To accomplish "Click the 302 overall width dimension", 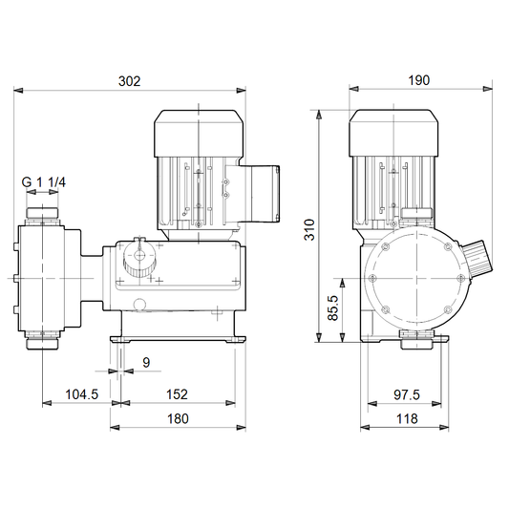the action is point(130,81).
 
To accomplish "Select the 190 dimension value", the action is point(419,80).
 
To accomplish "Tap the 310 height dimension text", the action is point(309,230).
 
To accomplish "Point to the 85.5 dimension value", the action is point(332,308).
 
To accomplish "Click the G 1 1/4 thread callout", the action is point(44,182).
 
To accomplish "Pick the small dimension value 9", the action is point(146,363).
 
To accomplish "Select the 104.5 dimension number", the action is point(82,394).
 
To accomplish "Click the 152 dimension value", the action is point(177,394).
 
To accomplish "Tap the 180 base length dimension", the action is point(178,419).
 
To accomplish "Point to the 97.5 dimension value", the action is point(407,394).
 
